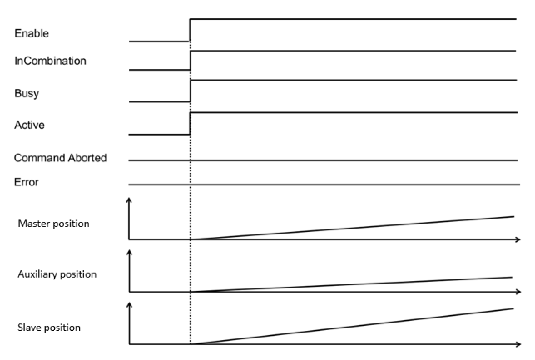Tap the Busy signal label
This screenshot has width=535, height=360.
coord(27,93)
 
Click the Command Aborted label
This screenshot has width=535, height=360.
coord(60,157)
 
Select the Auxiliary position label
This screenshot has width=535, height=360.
coord(57,273)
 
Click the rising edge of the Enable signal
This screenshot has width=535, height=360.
coord(191,29)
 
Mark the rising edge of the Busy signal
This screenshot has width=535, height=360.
coord(191,91)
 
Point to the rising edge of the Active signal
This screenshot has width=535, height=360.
coord(191,123)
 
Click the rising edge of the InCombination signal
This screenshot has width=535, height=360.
coord(191,61)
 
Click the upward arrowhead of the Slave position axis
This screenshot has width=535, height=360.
coord(129,304)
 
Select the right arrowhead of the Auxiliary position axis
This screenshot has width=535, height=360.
coord(518,292)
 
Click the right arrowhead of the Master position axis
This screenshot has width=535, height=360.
coord(518,239)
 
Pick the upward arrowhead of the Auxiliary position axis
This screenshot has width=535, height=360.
coord(129,252)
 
